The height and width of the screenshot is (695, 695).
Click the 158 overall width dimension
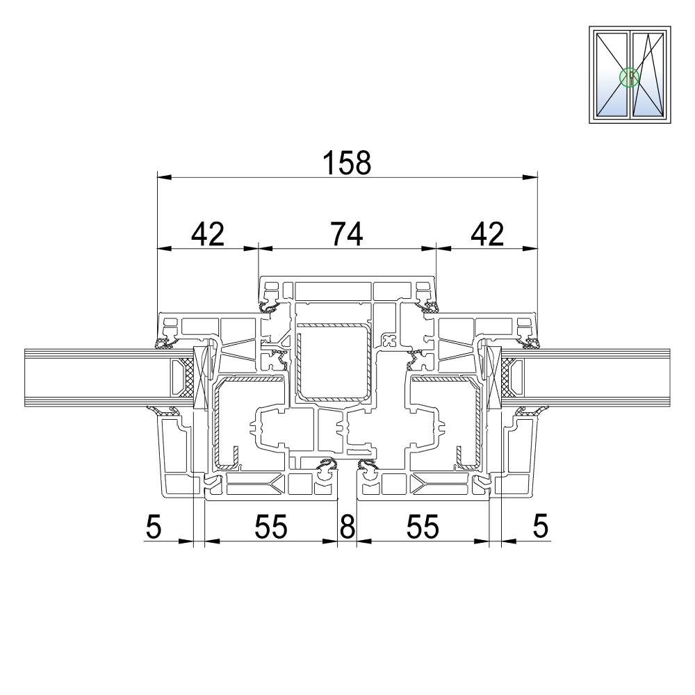pos(347,163)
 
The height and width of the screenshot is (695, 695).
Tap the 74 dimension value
pos(347,234)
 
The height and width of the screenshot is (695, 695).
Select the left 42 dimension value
pos(208,234)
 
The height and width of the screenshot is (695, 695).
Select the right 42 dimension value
pos(487,234)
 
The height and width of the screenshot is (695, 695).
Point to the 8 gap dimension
pos(347,527)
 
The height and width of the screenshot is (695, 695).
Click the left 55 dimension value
pos(271,527)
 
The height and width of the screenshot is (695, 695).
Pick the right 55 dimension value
pos(423,527)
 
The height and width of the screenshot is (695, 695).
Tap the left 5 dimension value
pos(154,527)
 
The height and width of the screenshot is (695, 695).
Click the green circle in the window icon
pos(629,78)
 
